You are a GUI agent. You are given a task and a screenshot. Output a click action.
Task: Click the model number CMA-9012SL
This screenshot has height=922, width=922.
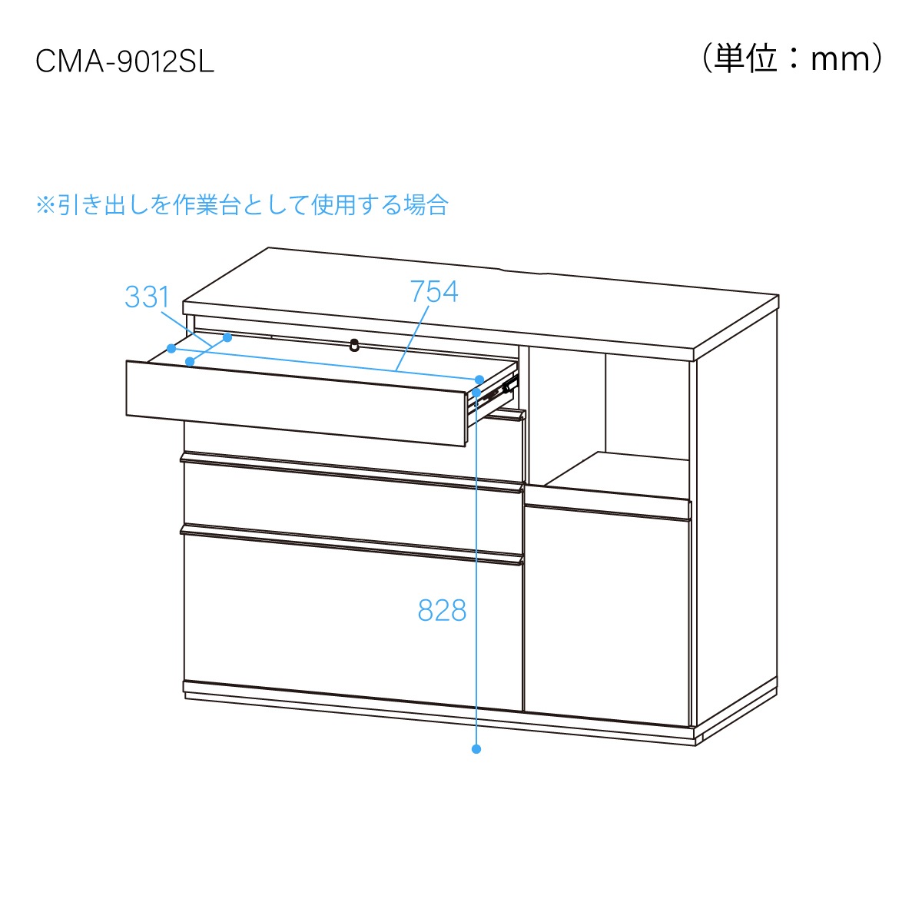(x=125, y=62)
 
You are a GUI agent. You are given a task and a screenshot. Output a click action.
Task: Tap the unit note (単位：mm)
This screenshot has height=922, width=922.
(x=793, y=59)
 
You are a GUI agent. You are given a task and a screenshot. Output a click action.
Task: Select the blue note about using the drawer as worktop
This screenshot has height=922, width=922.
(x=242, y=205)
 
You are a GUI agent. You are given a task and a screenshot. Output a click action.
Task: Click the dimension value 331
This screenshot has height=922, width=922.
(x=147, y=297)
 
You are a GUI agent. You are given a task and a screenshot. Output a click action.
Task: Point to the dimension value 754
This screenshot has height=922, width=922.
(x=434, y=291)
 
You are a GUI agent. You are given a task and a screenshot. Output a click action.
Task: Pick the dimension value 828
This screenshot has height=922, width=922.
(x=442, y=611)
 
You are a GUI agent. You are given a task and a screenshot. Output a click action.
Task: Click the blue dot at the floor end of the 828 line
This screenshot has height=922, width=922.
(x=476, y=749)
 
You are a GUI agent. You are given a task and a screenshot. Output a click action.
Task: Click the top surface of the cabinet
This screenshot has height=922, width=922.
(x=481, y=301)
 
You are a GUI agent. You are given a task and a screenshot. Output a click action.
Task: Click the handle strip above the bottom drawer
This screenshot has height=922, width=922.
(x=352, y=545)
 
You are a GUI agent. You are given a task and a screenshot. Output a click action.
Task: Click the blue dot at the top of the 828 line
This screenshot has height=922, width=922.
(x=476, y=393)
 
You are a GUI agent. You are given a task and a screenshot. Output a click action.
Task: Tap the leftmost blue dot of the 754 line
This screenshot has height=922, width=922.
(x=171, y=348)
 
